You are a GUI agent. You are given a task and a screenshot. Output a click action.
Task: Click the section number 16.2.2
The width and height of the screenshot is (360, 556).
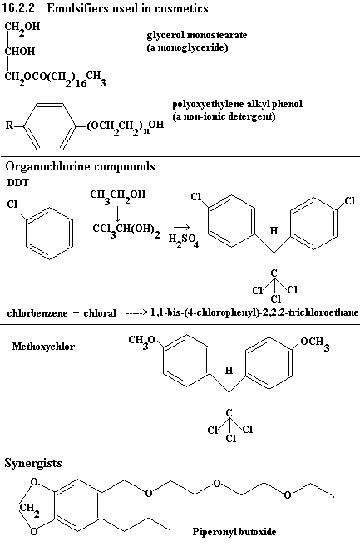[18, 7]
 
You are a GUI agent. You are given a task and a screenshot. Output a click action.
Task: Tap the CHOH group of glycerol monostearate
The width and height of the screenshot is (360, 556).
[20, 51]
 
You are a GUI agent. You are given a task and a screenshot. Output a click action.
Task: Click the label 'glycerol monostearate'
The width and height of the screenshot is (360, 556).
[197, 35]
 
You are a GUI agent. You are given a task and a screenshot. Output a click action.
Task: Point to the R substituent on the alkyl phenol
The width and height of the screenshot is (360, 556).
[9, 125]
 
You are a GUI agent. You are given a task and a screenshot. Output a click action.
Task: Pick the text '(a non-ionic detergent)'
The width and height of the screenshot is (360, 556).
[224, 116]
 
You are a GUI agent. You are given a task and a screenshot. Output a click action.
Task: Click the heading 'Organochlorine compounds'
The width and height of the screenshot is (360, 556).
[80, 166]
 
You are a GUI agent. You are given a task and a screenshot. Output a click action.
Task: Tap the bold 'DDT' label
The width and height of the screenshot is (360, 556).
[18, 183]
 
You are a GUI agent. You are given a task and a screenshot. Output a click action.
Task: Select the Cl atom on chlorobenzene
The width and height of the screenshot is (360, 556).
[12, 204]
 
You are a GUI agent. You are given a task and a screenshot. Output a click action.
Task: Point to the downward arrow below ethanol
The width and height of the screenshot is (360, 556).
[117, 213]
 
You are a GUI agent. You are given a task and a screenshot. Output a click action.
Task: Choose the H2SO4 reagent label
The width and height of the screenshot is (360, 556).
[184, 240]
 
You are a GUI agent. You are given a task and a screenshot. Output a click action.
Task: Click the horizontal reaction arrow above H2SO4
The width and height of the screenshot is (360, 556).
[182, 227]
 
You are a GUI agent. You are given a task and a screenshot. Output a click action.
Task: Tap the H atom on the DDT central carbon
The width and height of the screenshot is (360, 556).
[274, 231]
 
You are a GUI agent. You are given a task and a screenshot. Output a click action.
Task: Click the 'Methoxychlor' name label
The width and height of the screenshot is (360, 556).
[43, 346]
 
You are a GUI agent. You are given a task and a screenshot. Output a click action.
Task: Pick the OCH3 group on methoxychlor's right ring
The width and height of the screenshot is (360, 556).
[314, 343]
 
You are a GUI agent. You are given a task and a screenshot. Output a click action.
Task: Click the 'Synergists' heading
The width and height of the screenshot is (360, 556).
[33, 463]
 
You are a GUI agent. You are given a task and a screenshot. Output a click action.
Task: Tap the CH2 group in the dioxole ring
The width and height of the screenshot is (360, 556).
[29, 509]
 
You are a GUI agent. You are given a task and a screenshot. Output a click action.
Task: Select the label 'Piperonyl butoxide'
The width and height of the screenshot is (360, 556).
[234, 532]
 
